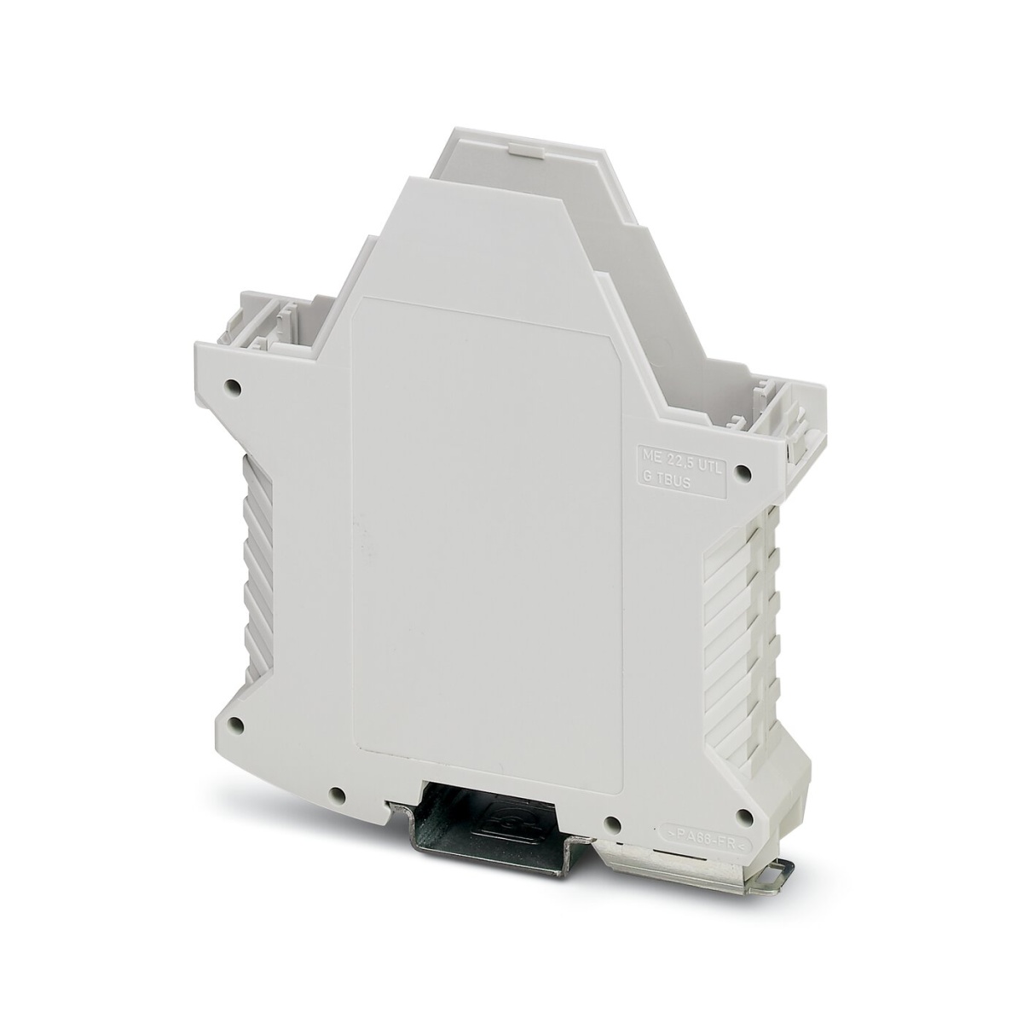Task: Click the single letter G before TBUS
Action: (x=647, y=483)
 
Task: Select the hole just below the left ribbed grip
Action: (x=236, y=727)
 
